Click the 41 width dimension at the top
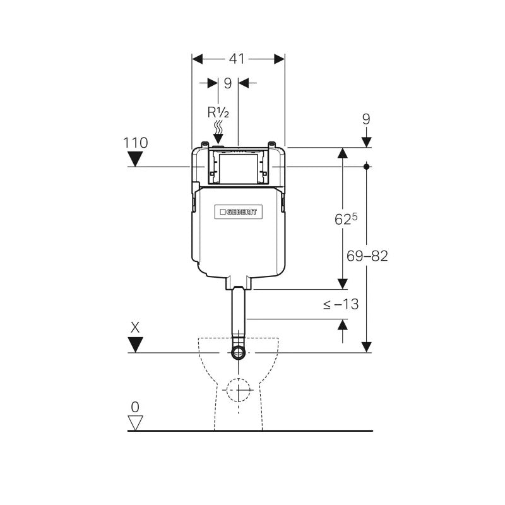237,59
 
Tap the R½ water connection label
218,112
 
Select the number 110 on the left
136,143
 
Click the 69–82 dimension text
367,256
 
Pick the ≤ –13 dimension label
341,304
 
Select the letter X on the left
135,328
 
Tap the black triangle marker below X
135,344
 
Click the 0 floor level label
135,407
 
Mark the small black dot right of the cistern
367,167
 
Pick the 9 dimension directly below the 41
227,83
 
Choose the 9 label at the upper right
366,119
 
